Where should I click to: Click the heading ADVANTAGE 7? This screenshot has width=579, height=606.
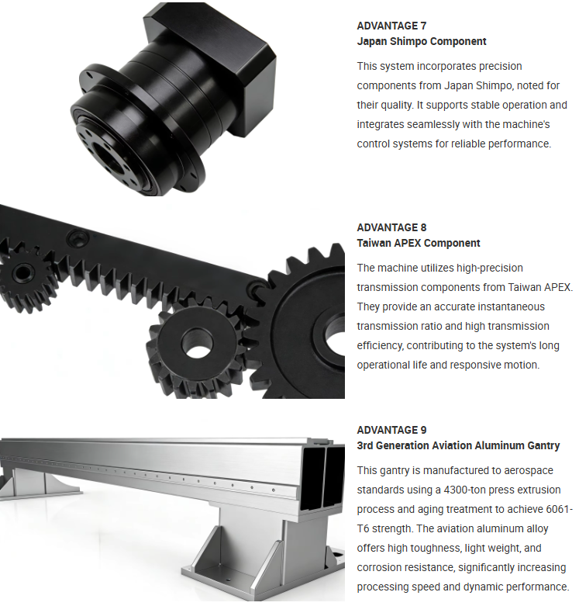[x=391, y=26]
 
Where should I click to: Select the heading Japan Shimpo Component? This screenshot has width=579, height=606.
[x=422, y=41]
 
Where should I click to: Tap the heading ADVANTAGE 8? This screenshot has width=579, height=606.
[x=391, y=227]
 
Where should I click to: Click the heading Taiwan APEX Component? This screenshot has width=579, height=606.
[x=419, y=243]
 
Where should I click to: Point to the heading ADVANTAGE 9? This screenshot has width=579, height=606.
[x=391, y=430]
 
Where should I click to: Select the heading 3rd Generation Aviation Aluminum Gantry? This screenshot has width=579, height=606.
[x=458, y=445]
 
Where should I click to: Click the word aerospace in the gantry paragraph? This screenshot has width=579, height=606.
[x=529, y=470]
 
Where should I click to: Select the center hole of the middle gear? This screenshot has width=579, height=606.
[x=197, y=343]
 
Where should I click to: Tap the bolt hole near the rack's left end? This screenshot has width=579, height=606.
[x=79, y=237]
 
